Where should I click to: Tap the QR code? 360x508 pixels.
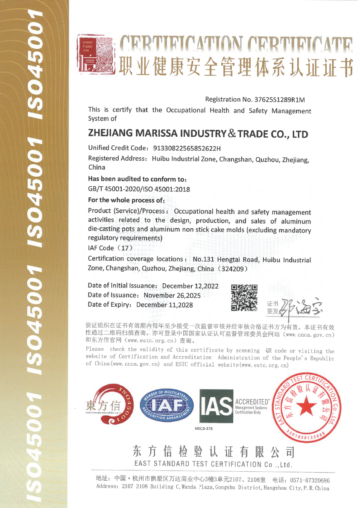click(x=244, y=297)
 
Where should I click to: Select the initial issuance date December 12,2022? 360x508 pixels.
click(x=190, y=286)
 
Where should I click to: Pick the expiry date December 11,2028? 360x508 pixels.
click(x=164, y=305)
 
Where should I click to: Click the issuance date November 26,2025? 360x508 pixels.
click(x=172, y=295)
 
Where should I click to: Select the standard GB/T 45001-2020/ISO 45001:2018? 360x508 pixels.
click(x=139, y=189)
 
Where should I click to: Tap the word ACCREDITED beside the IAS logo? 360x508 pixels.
click(x=252, y=402)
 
